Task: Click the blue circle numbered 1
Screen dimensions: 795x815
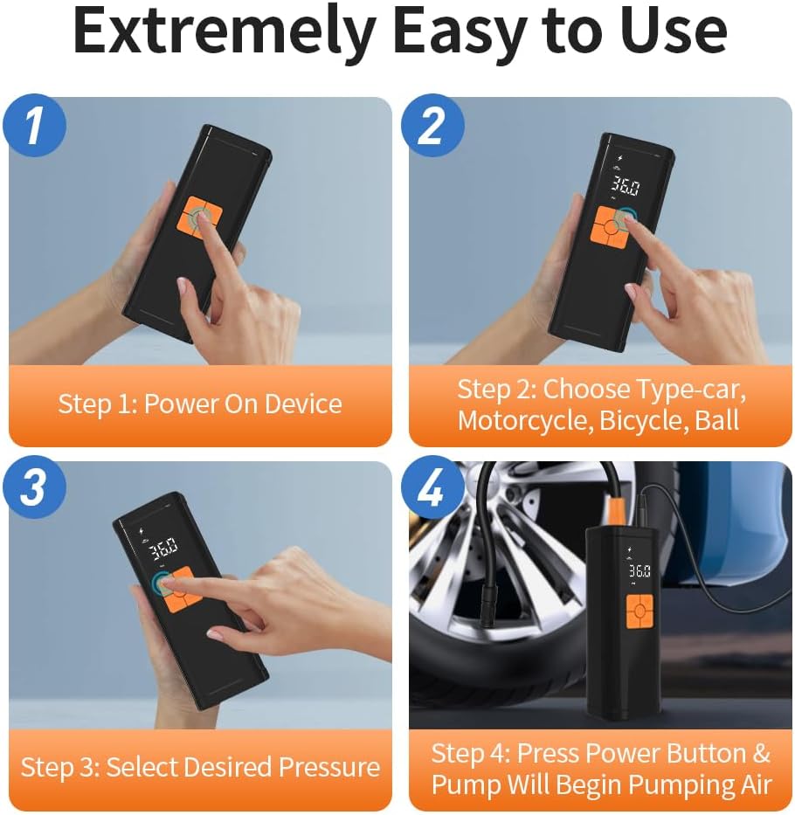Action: [x=34, y=125]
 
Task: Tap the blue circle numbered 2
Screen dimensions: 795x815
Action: [x=432, y=125]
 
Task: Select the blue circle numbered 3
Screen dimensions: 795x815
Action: [x=34, y=487]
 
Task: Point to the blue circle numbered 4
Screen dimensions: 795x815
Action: [x=432, y=487]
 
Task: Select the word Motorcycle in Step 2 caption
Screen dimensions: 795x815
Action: [x=525, y=420]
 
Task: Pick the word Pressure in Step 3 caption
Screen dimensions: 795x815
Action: [x=329, y=767]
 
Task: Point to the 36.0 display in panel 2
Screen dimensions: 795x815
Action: [x=625, y=185]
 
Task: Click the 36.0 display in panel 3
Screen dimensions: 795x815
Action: [x=163, y=547]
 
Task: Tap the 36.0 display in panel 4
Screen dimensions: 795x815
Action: [x=639, y=571]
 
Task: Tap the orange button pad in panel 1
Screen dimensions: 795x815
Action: [x=203, y=218]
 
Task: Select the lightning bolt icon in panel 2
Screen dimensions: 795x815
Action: [x=619, y=158]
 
